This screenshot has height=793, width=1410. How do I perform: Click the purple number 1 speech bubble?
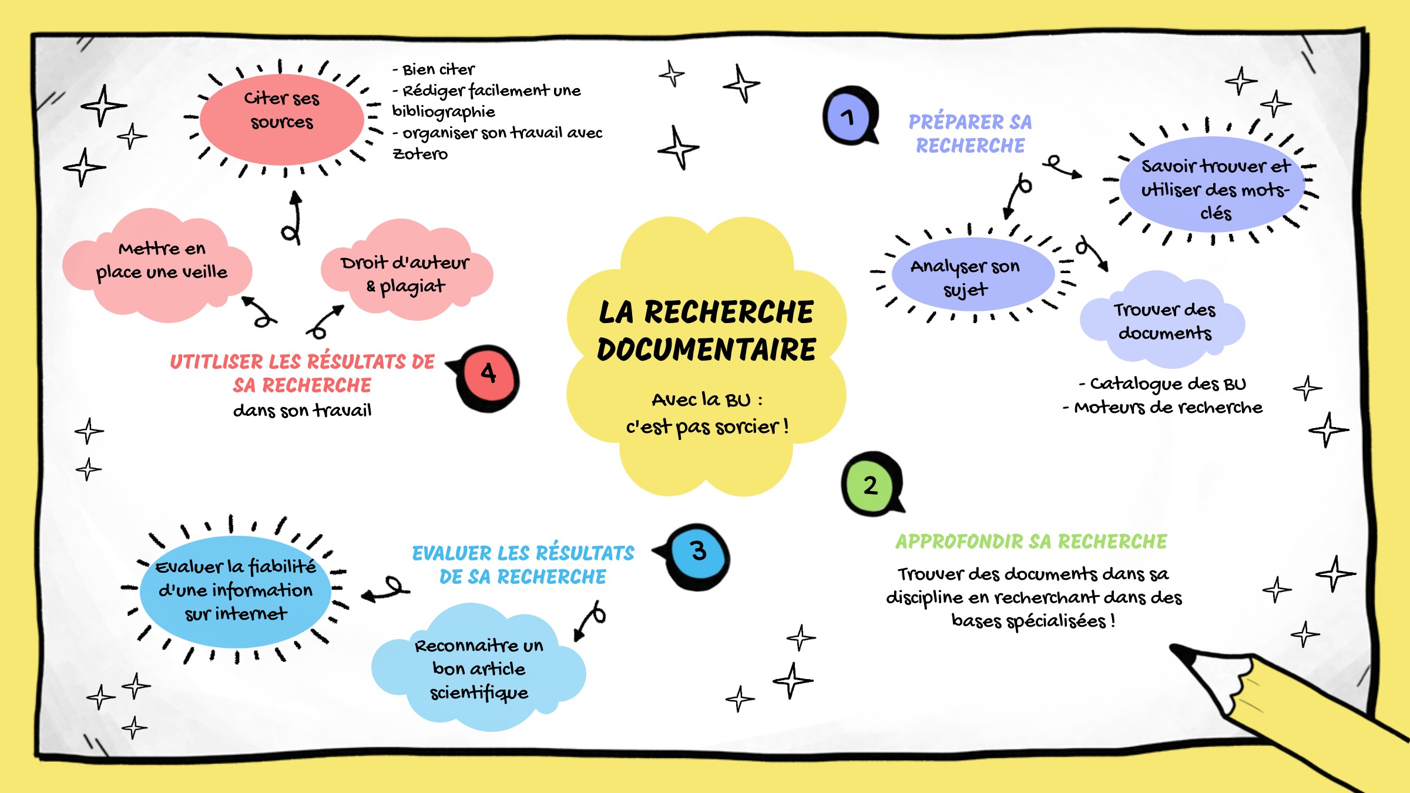tap(850, 116)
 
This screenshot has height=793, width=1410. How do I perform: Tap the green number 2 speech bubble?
tap(872, 484)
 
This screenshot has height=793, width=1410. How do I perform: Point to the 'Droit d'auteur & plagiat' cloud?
tap(406, 271)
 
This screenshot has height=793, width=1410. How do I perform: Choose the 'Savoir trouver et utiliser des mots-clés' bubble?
tap(1213, 184)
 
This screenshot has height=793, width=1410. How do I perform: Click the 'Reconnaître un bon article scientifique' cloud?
tap(479, 667)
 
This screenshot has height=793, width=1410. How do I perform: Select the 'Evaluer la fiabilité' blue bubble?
tap(235, 591)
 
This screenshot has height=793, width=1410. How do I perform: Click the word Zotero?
tap(420, 154)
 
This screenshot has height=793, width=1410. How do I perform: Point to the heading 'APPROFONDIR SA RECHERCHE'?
tap(1031, 541)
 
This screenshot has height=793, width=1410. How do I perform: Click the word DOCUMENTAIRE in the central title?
tap(707, 350)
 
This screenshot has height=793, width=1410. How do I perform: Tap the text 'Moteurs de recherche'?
tap(1168, 407)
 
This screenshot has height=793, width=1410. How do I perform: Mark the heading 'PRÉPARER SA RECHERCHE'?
tap(970, 133)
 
